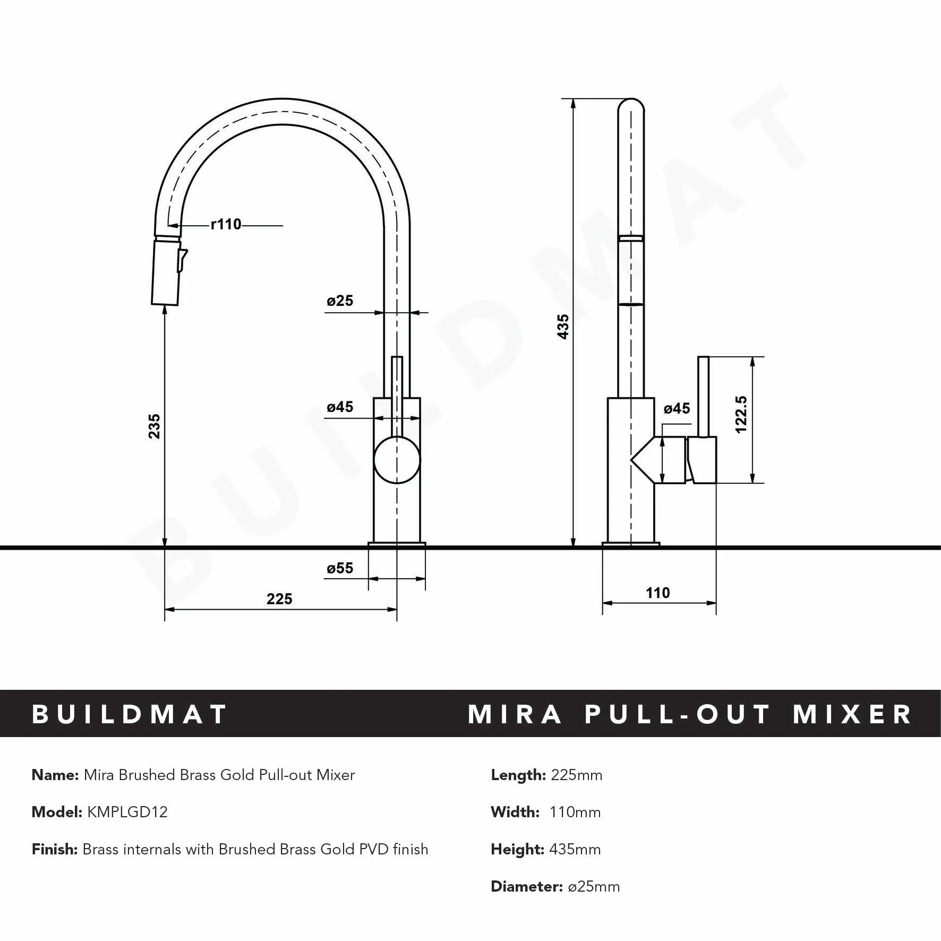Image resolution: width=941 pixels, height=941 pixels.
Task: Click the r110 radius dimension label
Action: tap(226, 225)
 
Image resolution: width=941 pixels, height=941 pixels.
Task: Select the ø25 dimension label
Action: tap(340, 301)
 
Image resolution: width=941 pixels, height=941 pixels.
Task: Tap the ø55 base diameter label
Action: tap(340, 568)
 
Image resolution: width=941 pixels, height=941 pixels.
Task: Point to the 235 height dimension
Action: tap(154, 426)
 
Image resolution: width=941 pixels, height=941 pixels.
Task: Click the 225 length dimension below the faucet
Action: tap(279, 599)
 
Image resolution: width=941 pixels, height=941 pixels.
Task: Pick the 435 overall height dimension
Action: tap(563, 326)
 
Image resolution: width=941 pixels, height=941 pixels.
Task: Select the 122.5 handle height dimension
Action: tap(741, 414)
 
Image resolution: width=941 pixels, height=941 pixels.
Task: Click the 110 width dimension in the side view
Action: tap(658, 593)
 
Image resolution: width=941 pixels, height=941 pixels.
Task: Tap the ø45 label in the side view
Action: tap(677, 408)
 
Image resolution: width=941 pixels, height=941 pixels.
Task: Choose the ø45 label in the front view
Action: tap(340, 407)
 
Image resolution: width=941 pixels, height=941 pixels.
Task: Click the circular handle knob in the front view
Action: tap(397, 459)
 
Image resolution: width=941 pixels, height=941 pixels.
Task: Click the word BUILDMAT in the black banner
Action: tap(130, 714)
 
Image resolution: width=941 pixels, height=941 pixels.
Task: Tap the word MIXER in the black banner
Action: tap(852, 714)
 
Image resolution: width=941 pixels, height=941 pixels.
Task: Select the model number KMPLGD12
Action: tap(127, 812)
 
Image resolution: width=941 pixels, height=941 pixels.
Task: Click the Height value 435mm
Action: tap(576, 849)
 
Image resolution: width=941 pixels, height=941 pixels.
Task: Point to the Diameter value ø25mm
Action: tap(594, 886)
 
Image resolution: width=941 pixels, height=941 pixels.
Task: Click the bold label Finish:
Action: tap(55, 849)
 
